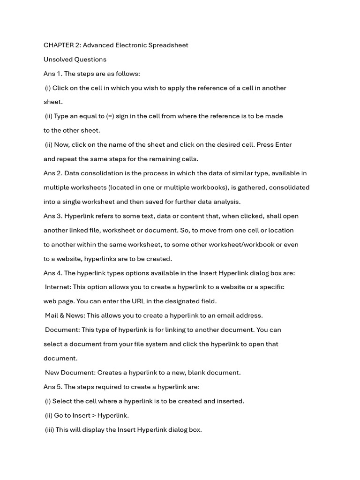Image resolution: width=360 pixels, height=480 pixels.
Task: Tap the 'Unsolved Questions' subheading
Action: [x=75, y=60]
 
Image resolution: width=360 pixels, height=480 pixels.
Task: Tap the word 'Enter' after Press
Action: [x=283, y=144]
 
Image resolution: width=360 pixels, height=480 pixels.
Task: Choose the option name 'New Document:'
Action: [x=70, y=373]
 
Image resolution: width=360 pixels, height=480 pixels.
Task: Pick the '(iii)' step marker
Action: [x=50, y=429]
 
